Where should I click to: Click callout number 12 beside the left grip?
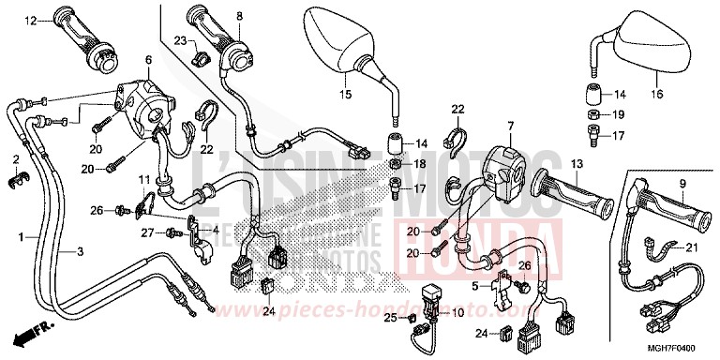point(30,20)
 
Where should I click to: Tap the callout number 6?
point(147,60)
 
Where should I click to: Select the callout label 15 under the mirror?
point(344,95)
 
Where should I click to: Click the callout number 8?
point(238,16)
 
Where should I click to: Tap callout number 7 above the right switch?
point(512,126)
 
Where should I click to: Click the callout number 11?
point(144,178)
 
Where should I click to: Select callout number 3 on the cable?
point(80,252)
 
